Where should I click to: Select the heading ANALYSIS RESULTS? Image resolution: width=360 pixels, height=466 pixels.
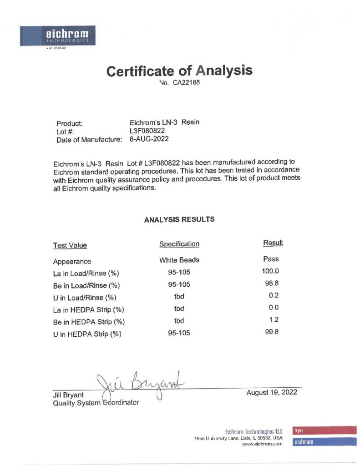click(179, 219)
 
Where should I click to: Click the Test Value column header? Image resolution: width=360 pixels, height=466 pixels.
click(70, 246)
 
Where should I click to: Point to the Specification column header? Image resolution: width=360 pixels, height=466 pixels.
click(179, 244)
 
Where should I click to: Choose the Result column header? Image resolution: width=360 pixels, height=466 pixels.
click(273, 243)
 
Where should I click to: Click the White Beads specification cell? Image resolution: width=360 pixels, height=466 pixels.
click(179, 260)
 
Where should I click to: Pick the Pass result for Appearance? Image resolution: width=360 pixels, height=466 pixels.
click(271, 259)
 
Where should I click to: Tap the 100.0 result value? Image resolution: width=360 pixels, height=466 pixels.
click(271, 272)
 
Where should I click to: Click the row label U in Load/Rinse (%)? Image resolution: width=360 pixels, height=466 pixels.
click(85, 298)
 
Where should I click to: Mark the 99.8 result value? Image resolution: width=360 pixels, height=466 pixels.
click(272, 332)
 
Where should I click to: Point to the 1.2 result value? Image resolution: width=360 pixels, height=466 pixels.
click(274, 320)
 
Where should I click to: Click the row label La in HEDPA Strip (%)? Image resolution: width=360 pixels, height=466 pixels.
click(89, 310)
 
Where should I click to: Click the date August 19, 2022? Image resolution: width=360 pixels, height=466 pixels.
click(271, 392)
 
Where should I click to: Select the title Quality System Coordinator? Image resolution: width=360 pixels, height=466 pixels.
click(96, 403)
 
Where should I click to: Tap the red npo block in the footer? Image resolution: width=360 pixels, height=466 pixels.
click(324, 430)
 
